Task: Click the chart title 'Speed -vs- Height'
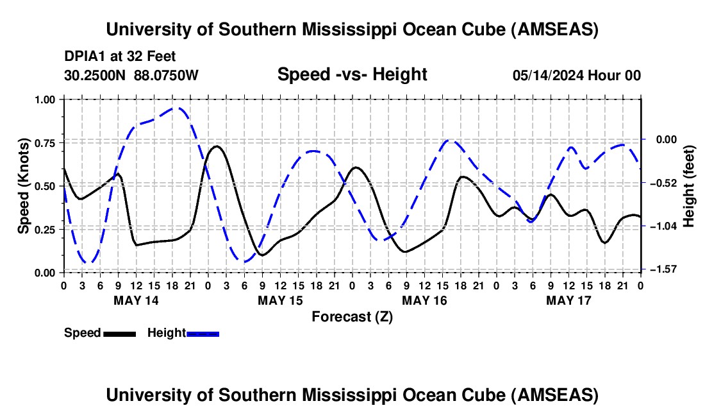(x=352, y=74)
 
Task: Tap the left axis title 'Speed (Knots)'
(x=24, y=186)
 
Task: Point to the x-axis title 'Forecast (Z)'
(x=352, y=316)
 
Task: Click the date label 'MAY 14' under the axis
(x=136, y=300)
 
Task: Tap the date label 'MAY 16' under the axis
(x=424, y=300)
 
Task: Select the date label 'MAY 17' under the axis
(x=568, y=300)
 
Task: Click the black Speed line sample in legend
(x=119, y=333)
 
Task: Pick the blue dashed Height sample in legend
(x=203, y=333)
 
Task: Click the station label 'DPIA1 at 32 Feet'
(x=120, y=57)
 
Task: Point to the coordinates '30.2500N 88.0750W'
(x=131, y=75)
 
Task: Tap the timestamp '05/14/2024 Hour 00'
(x=576, y=75)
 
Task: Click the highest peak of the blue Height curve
(x=179, y=108)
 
